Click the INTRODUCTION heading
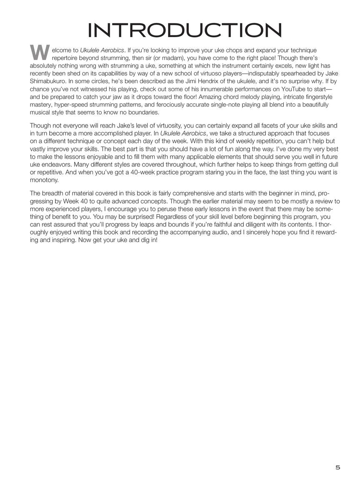185,30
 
